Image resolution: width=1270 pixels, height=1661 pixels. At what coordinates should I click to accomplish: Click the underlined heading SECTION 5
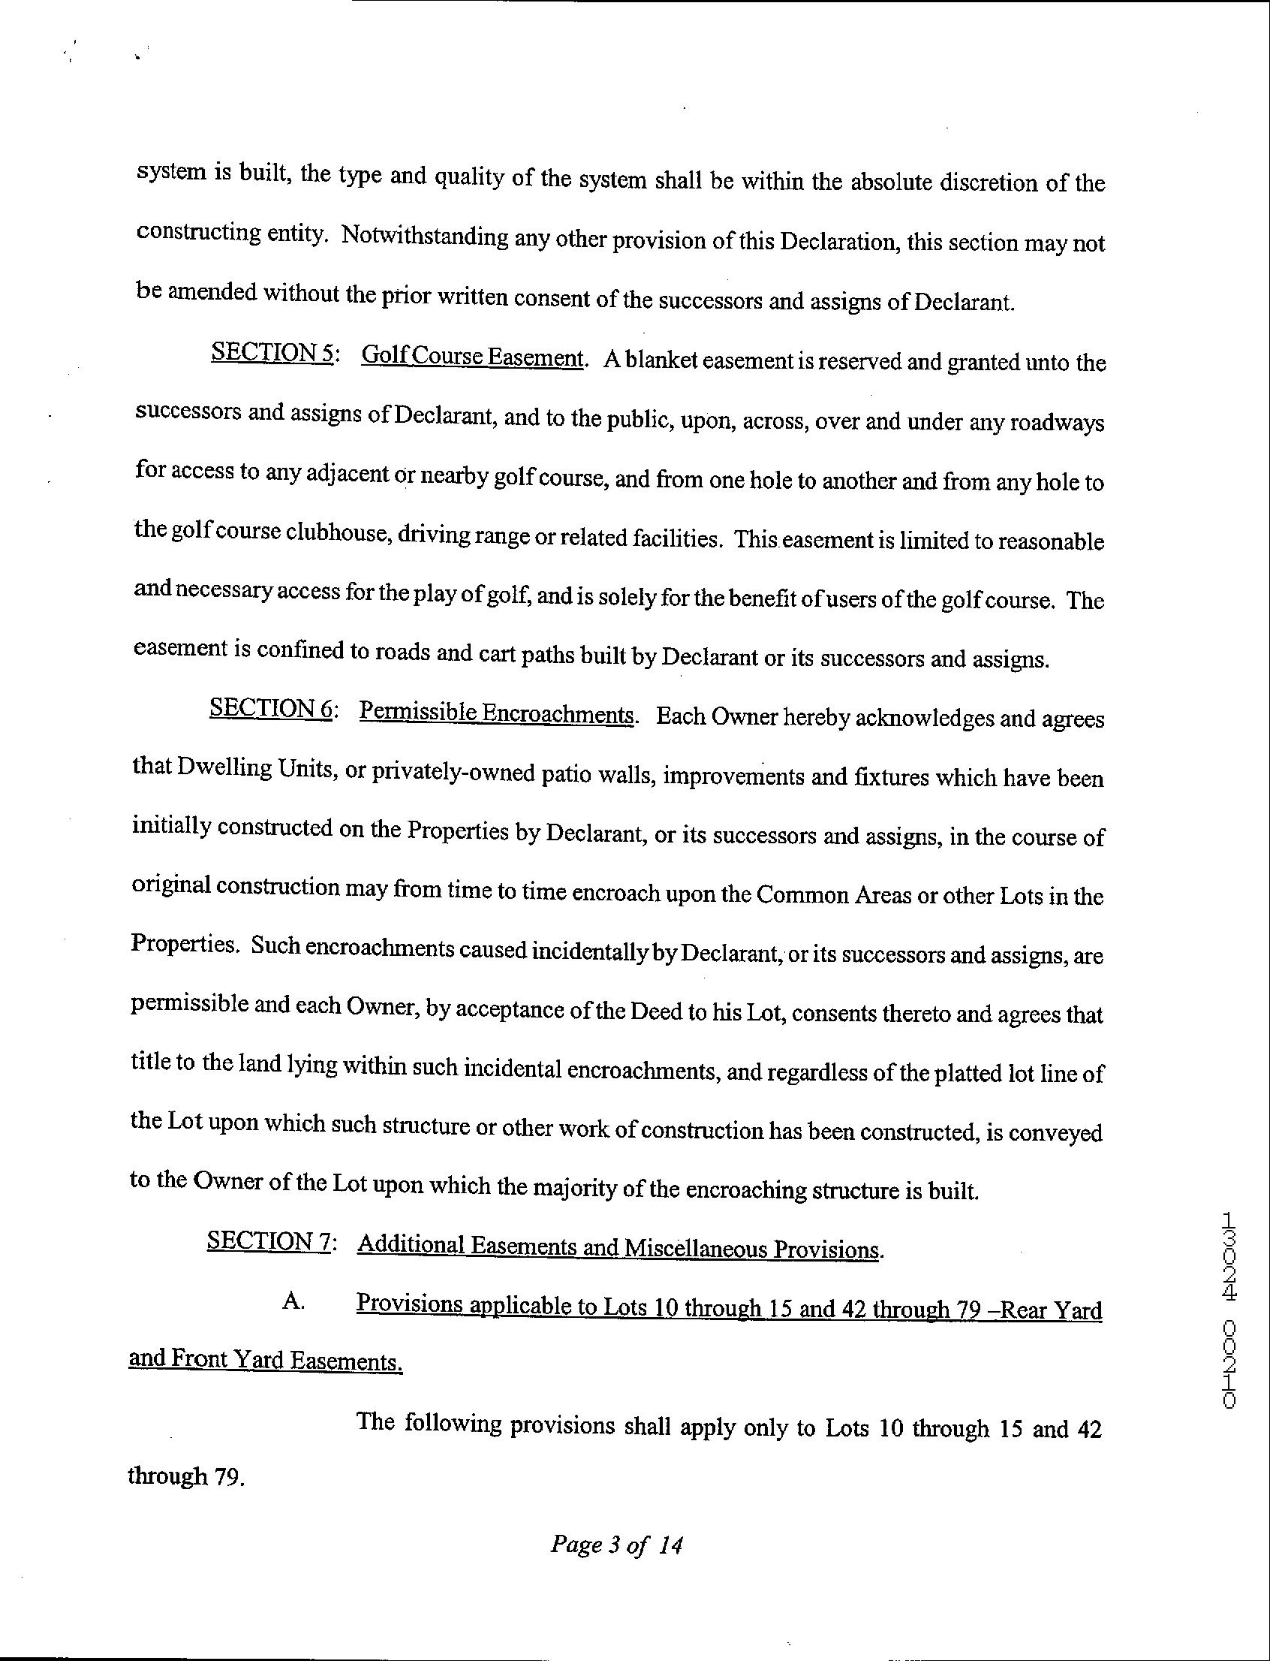click(x=272, y=352)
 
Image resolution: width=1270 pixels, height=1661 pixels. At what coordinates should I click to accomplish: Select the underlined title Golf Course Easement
click(x=473, y=355)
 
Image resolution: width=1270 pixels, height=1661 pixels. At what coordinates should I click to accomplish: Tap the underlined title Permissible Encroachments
click(x=496, y=713)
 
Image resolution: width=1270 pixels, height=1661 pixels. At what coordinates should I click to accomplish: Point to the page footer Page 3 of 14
click(x=617, y=1544)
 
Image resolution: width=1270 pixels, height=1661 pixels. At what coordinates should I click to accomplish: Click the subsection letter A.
click(x=293, y=1301)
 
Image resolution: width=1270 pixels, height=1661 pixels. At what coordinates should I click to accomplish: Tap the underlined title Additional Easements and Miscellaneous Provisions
click(x=618, y=1247)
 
